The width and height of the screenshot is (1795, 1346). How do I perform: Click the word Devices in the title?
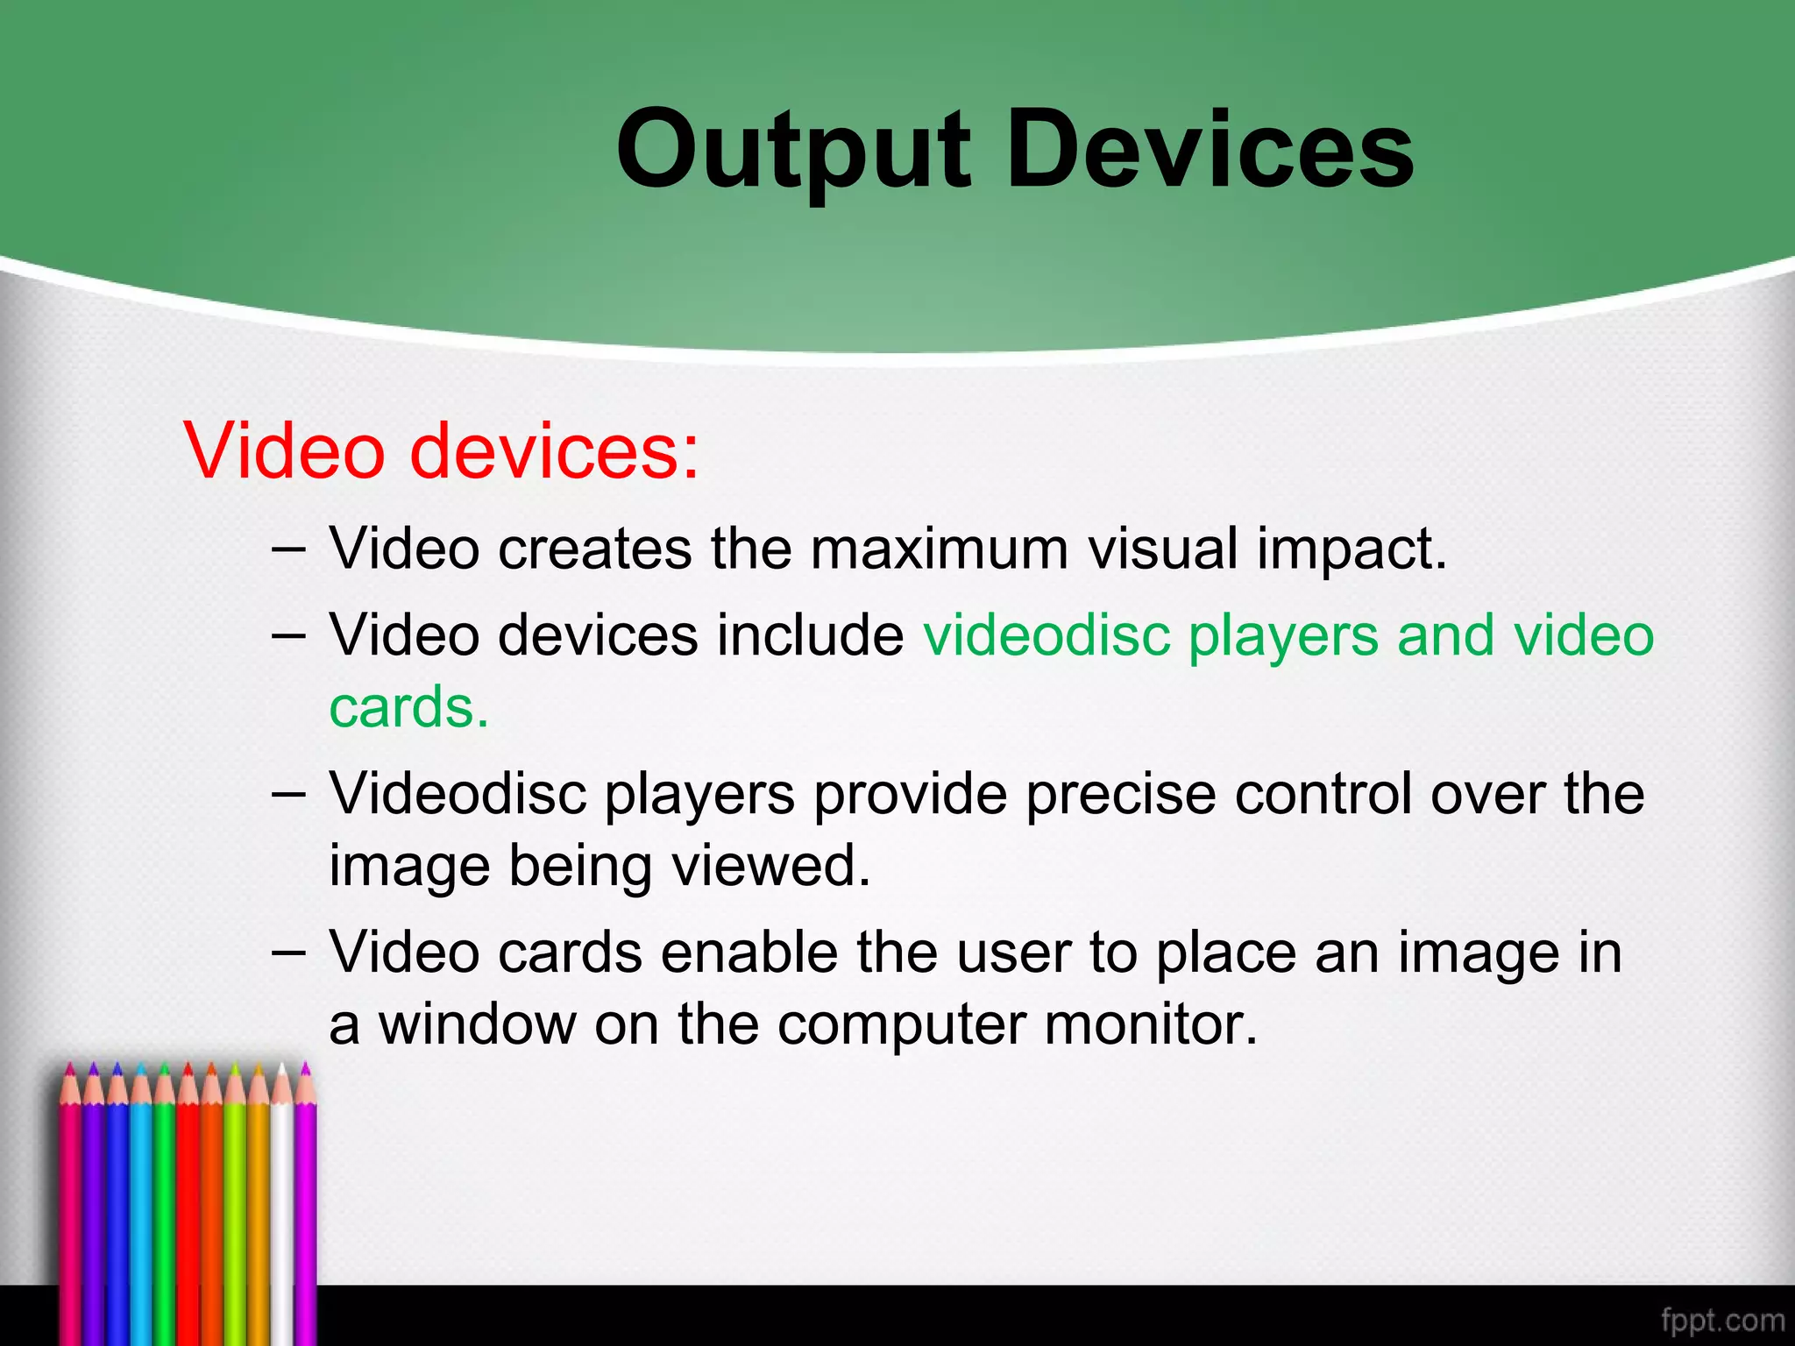point(1210,151)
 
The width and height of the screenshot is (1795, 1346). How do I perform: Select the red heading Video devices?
point(442,451)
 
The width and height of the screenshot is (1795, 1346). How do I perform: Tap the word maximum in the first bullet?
point(939,550)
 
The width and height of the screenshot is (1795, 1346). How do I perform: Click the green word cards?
point(408,707)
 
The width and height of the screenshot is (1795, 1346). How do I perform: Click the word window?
point(477,1024)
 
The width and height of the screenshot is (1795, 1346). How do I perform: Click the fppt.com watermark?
point(1721,1320)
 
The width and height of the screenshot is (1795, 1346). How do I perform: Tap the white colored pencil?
point(282,1209)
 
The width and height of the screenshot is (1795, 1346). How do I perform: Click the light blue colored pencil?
point(140,1209)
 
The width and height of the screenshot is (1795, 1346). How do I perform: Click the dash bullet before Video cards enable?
point(288,953)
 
